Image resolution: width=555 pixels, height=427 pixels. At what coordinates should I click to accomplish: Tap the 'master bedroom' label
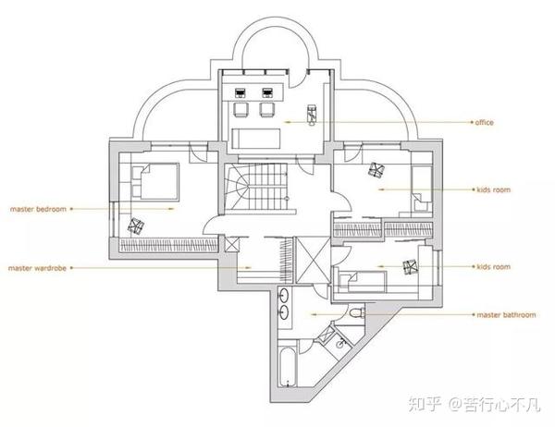(x=38, y=210)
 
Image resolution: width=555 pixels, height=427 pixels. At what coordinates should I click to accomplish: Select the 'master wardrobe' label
(x=40, y=268)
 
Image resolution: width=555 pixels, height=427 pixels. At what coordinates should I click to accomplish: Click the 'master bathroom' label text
(x=506, y=315)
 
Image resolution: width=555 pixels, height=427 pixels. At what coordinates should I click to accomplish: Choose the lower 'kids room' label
(x=493, y=267)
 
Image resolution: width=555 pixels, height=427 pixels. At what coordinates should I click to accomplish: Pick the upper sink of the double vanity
(x=284, y=298)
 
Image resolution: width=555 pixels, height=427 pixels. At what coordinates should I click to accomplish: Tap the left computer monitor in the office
(x=242, y=92)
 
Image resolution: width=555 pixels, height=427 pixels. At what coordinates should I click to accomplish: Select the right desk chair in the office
(x=269, y=109)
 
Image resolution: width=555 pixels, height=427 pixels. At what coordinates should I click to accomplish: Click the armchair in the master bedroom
(x=137, y=225)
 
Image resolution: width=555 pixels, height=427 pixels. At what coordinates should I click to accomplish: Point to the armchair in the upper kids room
(x=377, y=171)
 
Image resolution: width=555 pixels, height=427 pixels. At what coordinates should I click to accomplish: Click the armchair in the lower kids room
(x=411, y=268)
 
